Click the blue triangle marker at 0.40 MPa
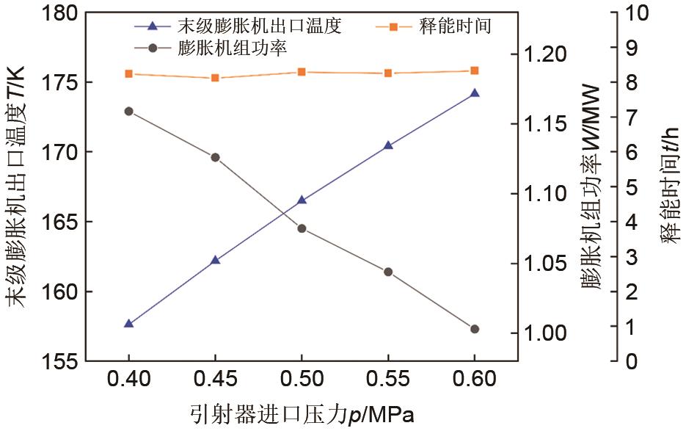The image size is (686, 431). click(129, 323)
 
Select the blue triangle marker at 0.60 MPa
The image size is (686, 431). click(474, 93)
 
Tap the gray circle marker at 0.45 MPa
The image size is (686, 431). click(215, 157)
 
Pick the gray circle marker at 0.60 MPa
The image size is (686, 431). click(474, 329)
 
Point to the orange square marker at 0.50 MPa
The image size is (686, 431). click(302, 72)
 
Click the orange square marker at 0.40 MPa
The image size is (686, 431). click(129, 73)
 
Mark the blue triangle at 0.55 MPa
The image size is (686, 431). click(388, 145)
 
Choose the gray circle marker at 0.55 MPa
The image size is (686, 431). click(388, 272)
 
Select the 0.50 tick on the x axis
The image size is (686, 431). click(302, 380)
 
